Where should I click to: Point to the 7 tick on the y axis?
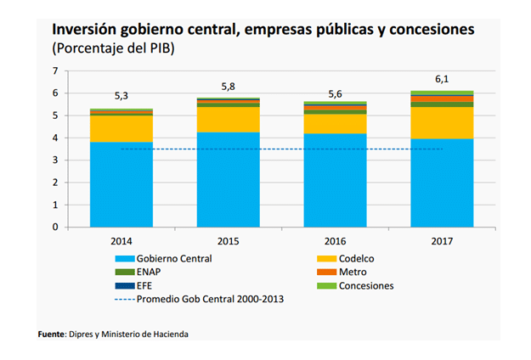(55, 70)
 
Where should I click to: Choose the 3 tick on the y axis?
(55, 160)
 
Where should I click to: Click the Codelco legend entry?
(356, 258)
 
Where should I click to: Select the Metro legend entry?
(352, 272)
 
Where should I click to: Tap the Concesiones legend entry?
(365, 285)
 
